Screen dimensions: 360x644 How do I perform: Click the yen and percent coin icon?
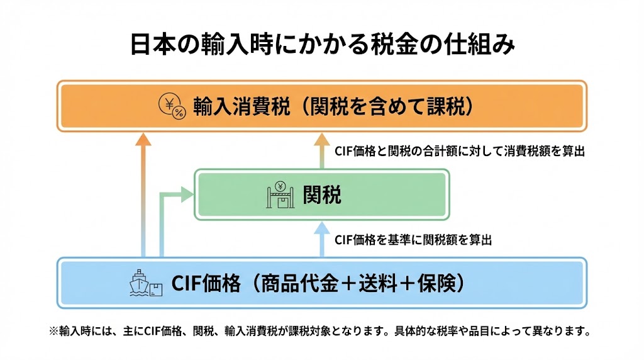point(172,106)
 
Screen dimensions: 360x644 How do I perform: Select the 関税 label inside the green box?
point(322,195)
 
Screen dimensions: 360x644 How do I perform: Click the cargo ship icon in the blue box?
point(144,283)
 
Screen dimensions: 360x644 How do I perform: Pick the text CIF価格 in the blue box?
point(206,283)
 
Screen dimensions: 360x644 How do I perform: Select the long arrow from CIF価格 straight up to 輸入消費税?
point(144,195)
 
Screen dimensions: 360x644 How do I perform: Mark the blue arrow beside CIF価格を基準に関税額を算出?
point(322,240)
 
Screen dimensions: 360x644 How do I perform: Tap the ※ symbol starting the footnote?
point(53,330)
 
